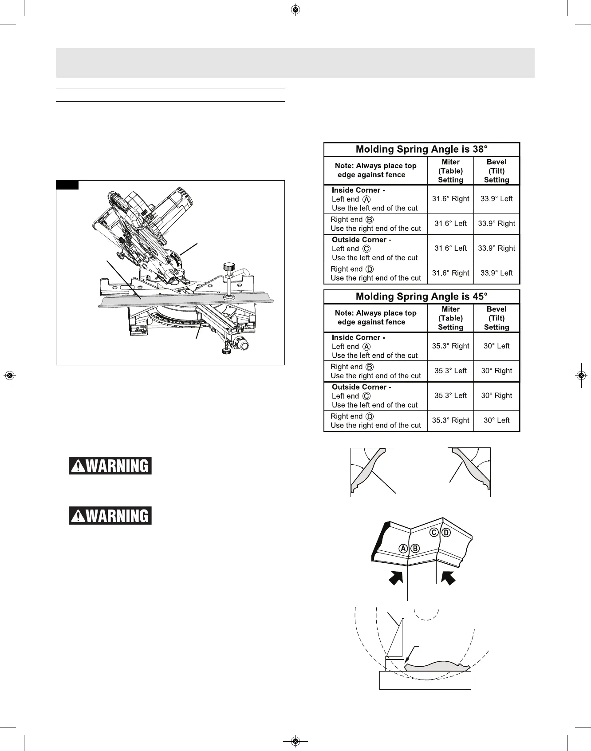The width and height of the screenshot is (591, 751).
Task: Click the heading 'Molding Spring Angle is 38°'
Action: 422,150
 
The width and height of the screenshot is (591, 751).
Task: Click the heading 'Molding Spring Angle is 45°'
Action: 422,297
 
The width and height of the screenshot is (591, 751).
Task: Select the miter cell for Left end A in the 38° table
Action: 450,199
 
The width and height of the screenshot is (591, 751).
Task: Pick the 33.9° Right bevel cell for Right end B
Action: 496,224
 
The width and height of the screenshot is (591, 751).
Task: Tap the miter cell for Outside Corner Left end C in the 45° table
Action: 450,395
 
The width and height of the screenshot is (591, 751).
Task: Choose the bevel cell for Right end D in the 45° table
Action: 496,420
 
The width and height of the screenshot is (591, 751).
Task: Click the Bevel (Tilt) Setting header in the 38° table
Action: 496,171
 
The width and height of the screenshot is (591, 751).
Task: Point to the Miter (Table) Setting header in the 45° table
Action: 450,318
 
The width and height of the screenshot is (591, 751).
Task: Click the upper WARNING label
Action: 110,466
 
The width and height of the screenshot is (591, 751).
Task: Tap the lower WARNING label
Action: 110,516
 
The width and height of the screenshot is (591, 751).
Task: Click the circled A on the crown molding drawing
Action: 403,548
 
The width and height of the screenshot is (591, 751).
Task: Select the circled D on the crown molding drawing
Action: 446,533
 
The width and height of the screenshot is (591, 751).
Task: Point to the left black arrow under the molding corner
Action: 396,578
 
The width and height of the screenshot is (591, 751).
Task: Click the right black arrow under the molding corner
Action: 448,578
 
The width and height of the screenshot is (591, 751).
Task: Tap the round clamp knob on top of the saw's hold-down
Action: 229,267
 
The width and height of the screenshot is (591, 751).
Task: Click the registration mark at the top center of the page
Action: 295,10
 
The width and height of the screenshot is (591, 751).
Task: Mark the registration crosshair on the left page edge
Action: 10,375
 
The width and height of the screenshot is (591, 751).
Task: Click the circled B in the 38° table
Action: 370,220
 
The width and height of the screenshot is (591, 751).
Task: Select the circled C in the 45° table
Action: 366,396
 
